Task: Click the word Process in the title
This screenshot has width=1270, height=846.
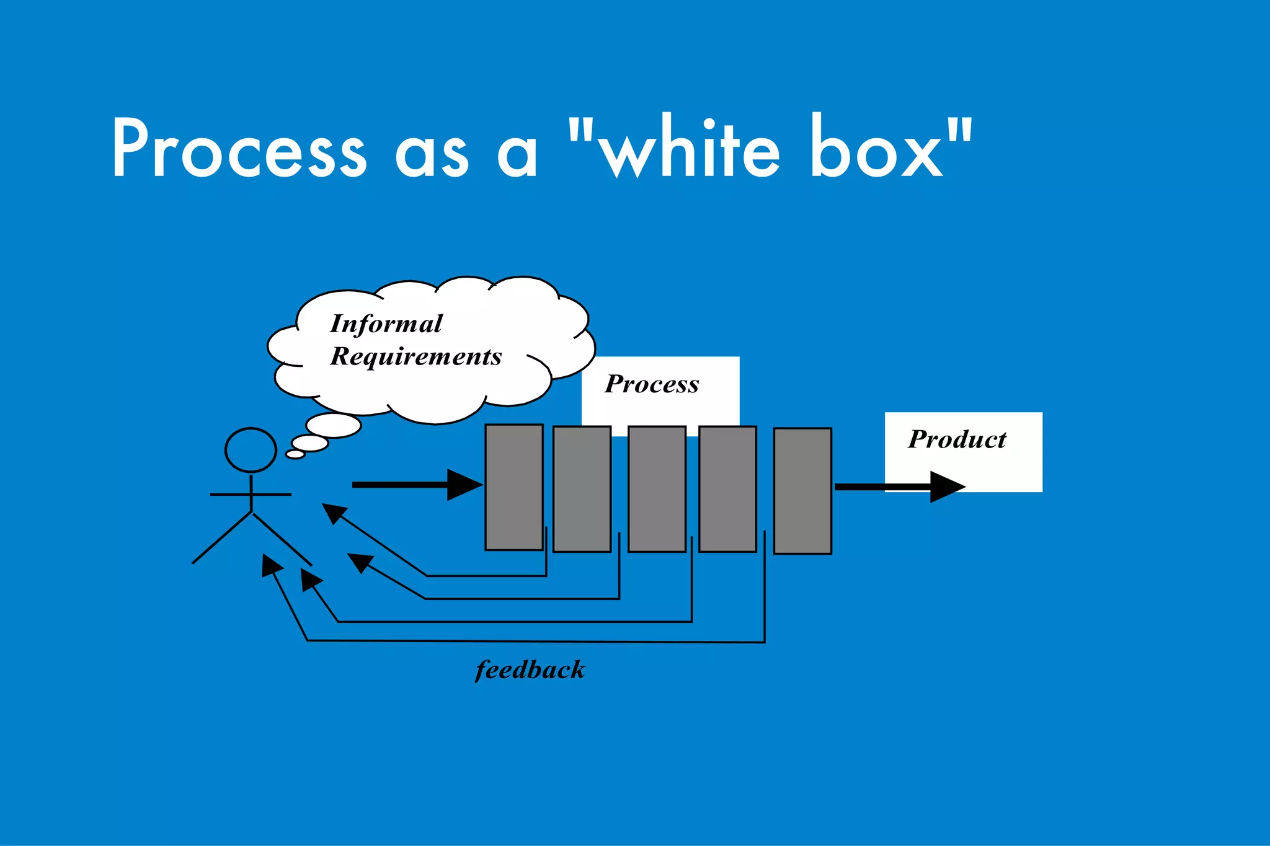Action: pos(239,149)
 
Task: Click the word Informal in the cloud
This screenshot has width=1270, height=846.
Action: pos(386,324)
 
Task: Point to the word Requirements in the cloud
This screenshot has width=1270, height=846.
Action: pos(415,356)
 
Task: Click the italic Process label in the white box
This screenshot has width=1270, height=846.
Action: pos(652,384)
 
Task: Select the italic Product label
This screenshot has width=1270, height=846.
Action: pos(957,439)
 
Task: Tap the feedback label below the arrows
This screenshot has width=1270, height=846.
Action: pos(530,670)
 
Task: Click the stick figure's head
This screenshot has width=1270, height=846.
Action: pos(251,450)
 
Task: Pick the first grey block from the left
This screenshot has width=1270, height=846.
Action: pos(513,487)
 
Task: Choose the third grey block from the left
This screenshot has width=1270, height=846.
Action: pos(657,488)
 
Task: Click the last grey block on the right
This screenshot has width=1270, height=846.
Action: pos(802,490)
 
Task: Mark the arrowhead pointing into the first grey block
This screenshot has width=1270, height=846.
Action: pos(464,485)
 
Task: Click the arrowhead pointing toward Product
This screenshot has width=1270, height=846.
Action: pos(946,487)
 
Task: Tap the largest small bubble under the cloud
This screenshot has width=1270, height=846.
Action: pos(334,426)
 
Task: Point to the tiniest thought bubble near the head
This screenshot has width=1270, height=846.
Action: pos(295,454)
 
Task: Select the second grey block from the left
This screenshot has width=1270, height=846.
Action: pos(582,488)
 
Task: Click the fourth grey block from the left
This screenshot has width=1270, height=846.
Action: pos(727,488)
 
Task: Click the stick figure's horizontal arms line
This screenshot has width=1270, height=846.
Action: pos(251,495)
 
